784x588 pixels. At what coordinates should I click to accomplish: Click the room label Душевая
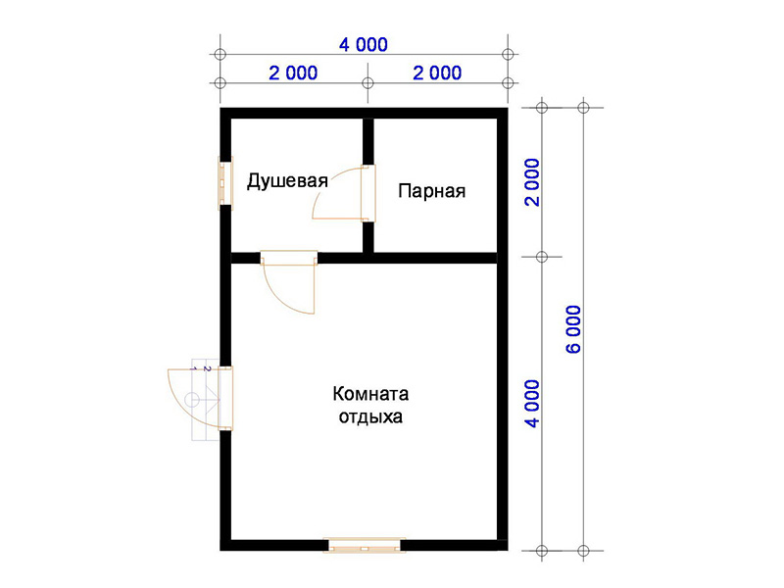coord(287,181)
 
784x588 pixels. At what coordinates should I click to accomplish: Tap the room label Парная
coord(432,191)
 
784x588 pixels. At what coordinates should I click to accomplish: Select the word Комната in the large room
coord(370,394)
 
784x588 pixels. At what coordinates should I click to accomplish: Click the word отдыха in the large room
coord(370,417)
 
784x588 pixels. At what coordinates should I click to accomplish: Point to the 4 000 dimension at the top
coord(364,45)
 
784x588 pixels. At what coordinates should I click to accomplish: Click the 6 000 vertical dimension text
coord(574,329)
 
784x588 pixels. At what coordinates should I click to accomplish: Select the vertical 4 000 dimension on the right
coord(533,404)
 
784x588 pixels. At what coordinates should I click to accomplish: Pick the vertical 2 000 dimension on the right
coord(533,182)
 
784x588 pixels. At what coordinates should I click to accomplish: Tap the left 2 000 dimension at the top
coord(293,73)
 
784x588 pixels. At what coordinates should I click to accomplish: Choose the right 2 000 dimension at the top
coord(437,73)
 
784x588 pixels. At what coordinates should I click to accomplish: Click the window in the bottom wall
coord(364,545)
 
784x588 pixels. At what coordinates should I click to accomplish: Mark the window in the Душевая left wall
coord(225,183)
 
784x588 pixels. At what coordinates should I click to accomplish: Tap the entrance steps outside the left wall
coord(206,400)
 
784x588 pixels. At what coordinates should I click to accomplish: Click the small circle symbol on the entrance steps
coord(191,400)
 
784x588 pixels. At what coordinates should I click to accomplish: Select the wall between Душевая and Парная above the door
coord(368,141)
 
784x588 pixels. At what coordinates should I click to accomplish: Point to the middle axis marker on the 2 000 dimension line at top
coord(368,83)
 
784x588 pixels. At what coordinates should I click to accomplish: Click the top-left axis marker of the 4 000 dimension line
coord(220,55)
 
